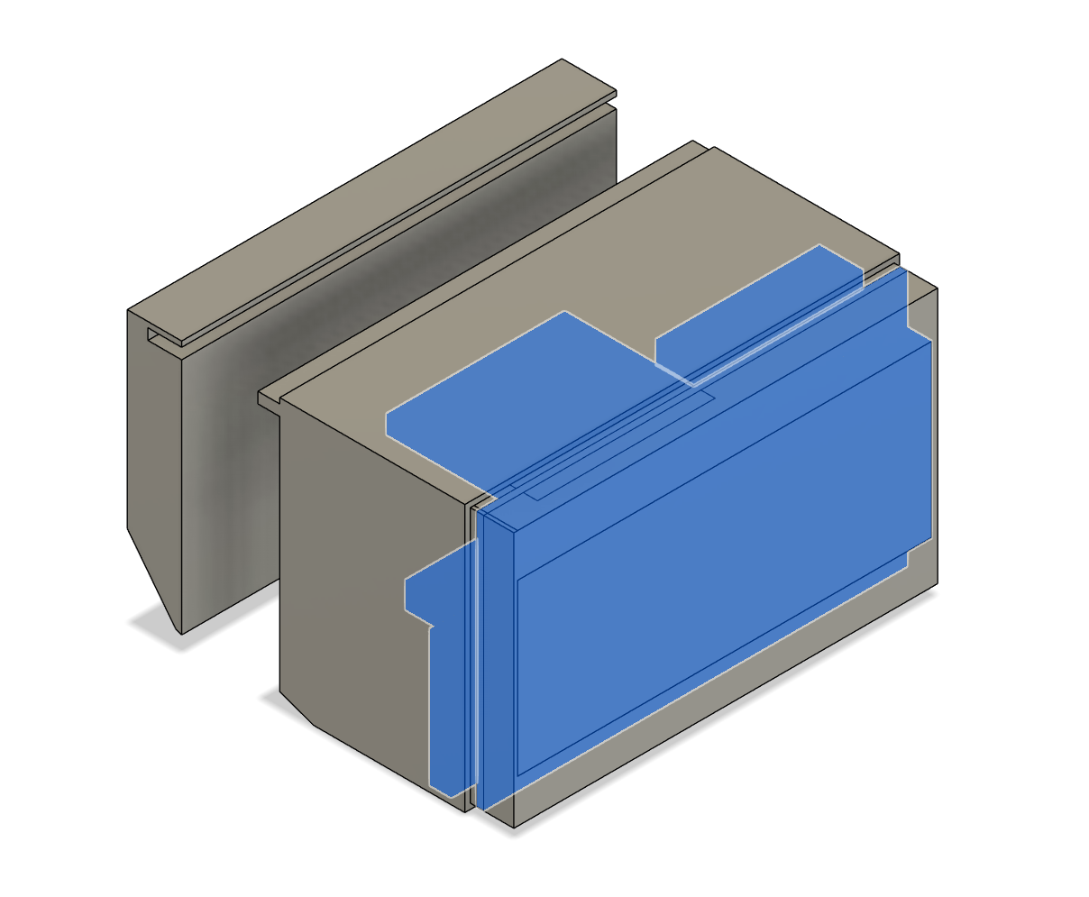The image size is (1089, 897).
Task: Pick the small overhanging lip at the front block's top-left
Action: [269, 399]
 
